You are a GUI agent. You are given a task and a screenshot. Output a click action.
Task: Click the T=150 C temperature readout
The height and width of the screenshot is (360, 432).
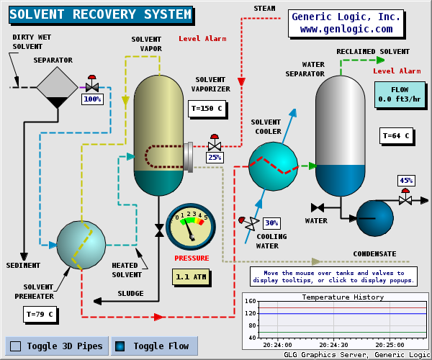tap(206, 109)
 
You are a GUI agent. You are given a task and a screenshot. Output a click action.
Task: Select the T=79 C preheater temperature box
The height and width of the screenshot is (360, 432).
tap(39, 314)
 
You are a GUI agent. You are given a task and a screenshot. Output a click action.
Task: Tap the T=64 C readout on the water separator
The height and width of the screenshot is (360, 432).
tap(395, 135)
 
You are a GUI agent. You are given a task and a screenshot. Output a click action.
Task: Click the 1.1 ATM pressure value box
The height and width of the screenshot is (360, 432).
tap(191, 276)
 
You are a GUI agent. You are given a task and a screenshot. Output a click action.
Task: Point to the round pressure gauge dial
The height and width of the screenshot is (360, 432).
tap(190, 225)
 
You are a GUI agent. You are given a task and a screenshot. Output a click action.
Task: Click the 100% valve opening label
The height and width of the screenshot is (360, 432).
tap(92, 99)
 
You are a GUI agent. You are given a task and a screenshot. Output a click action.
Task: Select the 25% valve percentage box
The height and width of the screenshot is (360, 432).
tap(215, 157)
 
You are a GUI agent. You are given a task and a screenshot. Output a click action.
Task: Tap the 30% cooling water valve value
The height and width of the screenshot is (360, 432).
tap(271, 222)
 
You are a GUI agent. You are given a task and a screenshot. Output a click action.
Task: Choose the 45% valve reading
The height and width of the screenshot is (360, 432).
tap(406, 181)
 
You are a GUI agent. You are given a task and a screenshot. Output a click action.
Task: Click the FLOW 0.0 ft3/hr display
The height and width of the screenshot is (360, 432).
tap(399, 94)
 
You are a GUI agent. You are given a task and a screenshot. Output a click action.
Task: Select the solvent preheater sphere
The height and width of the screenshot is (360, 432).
tap(81, 245)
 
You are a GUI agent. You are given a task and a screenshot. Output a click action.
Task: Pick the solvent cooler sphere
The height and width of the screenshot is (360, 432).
tap(273, 166)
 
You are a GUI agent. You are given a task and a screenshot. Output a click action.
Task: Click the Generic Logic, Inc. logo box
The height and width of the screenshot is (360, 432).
tap(346, 23)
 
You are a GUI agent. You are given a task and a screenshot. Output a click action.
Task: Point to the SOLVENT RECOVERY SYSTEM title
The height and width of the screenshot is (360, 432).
tap(100, 14)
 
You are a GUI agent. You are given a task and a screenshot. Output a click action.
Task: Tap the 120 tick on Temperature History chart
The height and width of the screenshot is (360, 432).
tap(251, 314)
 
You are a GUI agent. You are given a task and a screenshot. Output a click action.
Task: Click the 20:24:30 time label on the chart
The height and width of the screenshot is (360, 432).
tap(333, 344)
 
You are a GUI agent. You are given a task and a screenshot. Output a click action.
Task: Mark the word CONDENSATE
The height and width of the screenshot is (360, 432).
tap(374, 253)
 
